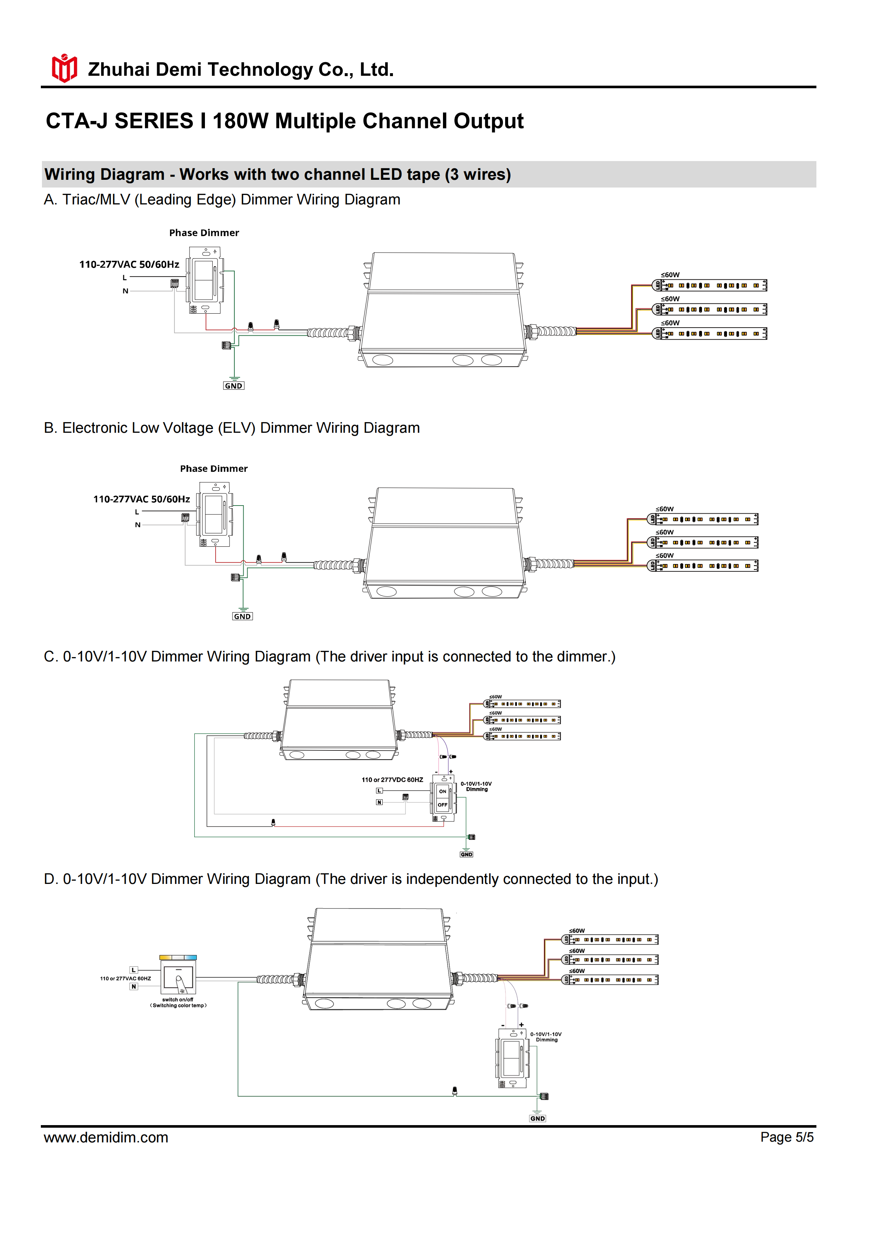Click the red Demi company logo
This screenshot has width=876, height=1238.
click(64, 68)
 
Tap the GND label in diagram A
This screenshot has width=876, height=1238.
click(234, 386)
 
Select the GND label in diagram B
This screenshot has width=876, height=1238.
click(242, 616)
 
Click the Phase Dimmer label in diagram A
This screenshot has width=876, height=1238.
click(204, 233)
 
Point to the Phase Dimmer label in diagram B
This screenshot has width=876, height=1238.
click(214, 468)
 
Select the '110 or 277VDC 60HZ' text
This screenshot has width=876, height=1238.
click(392, 780)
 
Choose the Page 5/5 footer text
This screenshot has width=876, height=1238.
click(787, 1137)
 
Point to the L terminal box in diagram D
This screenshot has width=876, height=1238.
click(134, 970)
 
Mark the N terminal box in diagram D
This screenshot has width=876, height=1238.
click(134, 987)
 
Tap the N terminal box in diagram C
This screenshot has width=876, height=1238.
click(379, 802)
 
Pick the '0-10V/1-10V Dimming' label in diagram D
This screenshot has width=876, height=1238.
click(546, 1037)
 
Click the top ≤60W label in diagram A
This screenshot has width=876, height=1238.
click(670, 275)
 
